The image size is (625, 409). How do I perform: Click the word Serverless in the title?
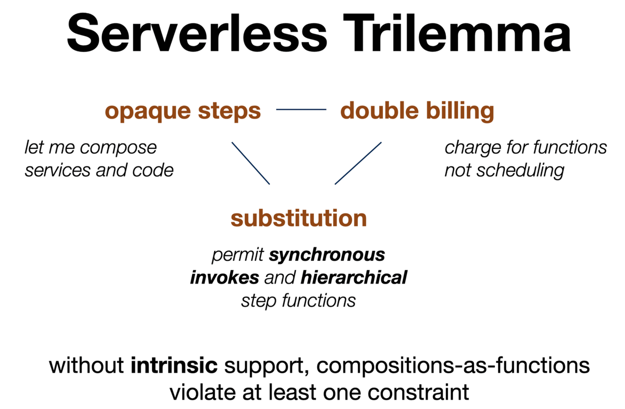[197, 33]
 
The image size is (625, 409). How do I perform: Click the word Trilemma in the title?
[457, 33]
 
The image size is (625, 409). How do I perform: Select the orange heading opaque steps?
[183, 111]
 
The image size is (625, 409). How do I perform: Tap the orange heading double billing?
[417, 111]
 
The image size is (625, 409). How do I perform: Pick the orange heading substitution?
[298, 219]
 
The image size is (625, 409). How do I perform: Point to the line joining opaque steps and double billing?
[301, 110]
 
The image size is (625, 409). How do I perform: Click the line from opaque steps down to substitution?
[251, 163]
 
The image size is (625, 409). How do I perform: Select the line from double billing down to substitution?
[358, 163]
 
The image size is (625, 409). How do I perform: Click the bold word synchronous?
[327, 255]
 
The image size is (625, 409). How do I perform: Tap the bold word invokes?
[224, 278]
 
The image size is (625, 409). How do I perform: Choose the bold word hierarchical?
[354, 278]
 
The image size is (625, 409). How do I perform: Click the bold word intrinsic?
[174, 365]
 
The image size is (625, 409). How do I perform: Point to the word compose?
[118, 148]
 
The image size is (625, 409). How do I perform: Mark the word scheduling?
[520, 171]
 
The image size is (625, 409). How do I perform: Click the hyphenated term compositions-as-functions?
[453, 366]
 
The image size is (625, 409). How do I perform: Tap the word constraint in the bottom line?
[418, 392]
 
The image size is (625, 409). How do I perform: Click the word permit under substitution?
[238, 255]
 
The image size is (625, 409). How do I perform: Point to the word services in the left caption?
[57, 171]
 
